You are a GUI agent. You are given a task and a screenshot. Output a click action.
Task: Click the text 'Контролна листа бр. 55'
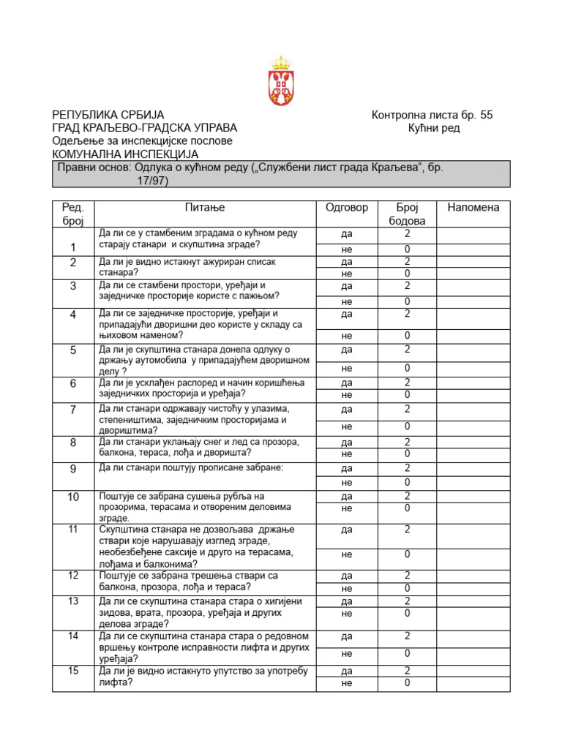[432, 115]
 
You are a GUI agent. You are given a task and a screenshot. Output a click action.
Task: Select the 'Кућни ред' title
[434, 128]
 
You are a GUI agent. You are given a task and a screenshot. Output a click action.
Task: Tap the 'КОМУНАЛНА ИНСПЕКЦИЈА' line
[124, 154]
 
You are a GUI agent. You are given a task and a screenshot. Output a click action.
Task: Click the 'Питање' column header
[204, 208]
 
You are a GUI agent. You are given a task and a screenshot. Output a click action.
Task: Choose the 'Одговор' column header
[346, 208]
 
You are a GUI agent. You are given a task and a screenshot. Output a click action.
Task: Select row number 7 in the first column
[73, 410]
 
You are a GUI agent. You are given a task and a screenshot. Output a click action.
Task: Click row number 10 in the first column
[73, 497]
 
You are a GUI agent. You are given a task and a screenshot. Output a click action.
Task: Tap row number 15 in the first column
[73, 671]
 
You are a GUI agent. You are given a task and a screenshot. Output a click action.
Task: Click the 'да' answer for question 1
[346, 235]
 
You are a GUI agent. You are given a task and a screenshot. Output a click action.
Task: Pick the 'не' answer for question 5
[346, 368]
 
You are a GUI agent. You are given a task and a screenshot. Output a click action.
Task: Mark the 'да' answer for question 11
[346, 530]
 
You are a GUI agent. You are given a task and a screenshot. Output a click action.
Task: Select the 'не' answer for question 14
[346, 653]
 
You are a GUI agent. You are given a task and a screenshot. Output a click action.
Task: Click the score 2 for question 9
[408, 468]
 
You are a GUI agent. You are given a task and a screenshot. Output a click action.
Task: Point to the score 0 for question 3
[408, 301]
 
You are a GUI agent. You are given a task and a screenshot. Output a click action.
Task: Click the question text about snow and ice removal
[198, 448]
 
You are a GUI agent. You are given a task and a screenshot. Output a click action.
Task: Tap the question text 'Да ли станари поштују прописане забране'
[190, 467]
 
